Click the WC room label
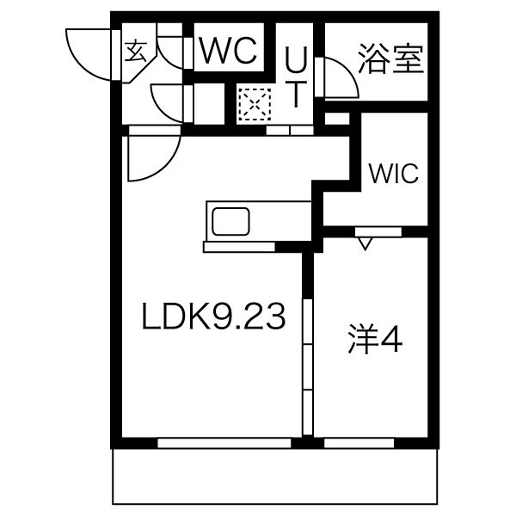pos(229,51)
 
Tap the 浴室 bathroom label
pos(390,58)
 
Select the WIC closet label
pos(394,173)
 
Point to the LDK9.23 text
pos(213,316)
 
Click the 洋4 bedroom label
pos(375,340)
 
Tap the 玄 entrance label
pos(136,51)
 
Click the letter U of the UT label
pos(296,58)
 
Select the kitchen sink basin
pos(230,222)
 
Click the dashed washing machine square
pos(255,104)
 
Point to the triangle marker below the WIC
pos(365,243)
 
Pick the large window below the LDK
pos(224,443)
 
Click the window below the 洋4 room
pos(359,443)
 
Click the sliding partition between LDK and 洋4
pos(307,366)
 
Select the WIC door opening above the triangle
pos(378,231)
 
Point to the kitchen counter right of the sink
pos(280,222)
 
